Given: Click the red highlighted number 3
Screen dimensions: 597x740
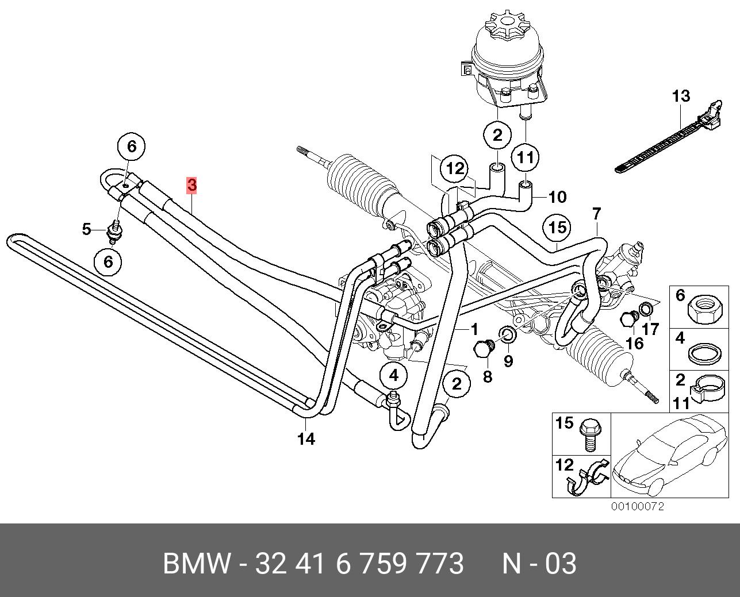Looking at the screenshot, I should tap(191, 185).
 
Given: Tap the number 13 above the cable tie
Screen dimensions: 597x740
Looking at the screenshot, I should tap(681, 96).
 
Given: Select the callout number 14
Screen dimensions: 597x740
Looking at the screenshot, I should tap(306, 439).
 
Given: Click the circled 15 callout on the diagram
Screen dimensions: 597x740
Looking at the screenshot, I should tap(557, 228).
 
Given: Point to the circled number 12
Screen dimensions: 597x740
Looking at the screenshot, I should tap(455, 168).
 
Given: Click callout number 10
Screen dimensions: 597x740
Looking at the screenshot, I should tap(557, 197).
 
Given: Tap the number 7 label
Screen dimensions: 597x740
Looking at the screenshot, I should tap(596, 214).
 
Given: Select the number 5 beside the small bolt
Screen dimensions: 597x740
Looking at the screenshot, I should tap(86, 229).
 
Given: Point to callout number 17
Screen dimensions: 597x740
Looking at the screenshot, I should tap(650, 330).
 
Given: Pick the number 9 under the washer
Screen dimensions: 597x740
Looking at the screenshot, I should tap(508, 361).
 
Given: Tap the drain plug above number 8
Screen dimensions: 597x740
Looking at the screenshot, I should tap(482, 349).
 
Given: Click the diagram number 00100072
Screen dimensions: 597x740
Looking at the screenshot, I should tap(637, 506).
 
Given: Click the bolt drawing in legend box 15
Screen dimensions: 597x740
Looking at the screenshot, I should tap(589, 434).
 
